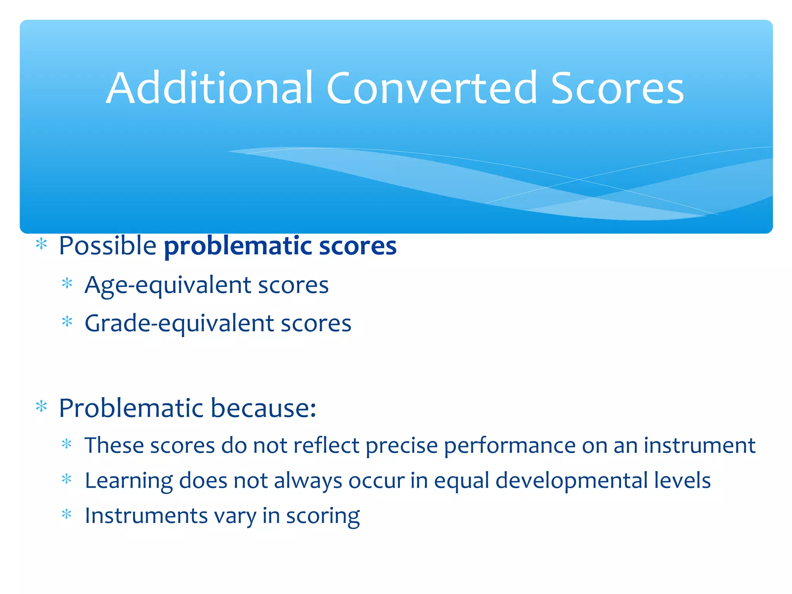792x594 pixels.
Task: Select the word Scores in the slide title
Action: pyautogui.click(x=617, y=89)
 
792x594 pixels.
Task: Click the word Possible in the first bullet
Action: pyautogui.click(x=108, y=246)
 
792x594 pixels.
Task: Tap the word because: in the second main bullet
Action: pyautogui.click(x=264, y=408)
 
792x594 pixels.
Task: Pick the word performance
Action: pyautogui.click(x=510, y=446)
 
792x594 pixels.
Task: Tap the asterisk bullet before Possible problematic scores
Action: pyautogui.click(x=41, y=244)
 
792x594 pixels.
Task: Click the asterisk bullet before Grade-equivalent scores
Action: pyautogui.click(x=67, y=321)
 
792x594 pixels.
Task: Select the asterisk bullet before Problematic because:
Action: pyautogui.click(x=41, y=406)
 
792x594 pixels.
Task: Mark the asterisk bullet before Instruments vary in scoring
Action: pyautogui.click(x=67, y=514)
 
